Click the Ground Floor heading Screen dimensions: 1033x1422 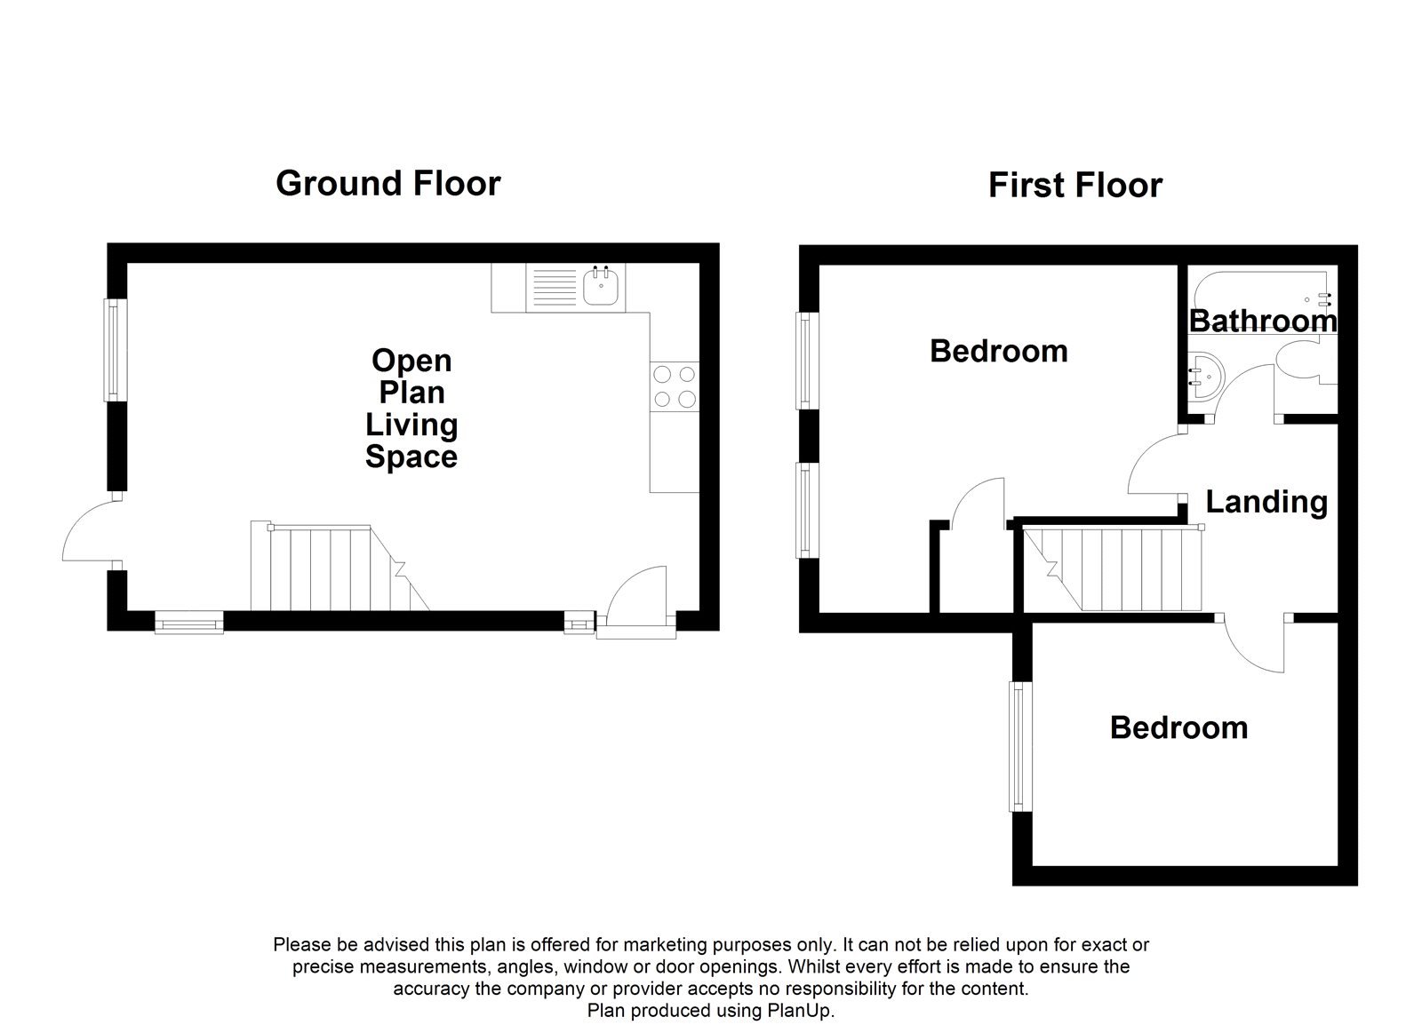coord(387,183)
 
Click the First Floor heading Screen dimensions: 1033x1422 coord(1074,186)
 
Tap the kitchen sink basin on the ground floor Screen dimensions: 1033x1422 coord(603,289)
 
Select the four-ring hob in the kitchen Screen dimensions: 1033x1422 coord(674,386)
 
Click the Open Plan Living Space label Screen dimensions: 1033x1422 coord(411,409)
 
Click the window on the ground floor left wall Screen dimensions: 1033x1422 coord(113,349)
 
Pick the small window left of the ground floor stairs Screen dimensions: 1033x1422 coord(188,623)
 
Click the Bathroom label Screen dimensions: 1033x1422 coord(1262,321)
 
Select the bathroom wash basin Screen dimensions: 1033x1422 coord(1202,377)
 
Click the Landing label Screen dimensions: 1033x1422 coord(1266,502)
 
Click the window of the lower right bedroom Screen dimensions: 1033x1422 coord(1019,746)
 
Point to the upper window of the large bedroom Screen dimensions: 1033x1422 coord(806,360)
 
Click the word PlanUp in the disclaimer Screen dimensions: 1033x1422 coord(797,1010)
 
